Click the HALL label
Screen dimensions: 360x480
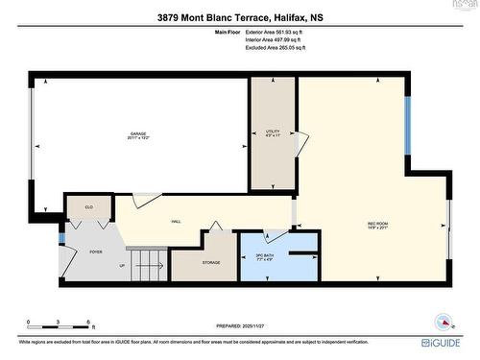[x=177, y=221]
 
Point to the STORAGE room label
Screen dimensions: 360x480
[x=211, y=262]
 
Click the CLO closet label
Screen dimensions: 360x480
[x=88, y=206]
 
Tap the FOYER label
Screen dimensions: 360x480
[x=96, y=252]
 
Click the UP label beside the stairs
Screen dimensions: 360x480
[x=121, y=266]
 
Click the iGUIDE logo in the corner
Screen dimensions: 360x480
[x=444, y=342]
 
